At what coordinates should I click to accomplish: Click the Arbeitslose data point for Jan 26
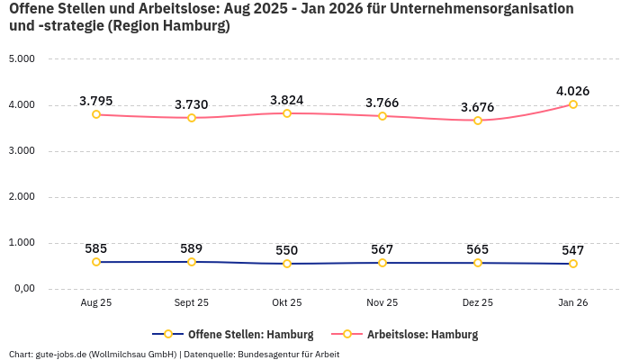point(573,104)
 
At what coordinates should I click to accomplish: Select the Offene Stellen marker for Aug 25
point(96,262)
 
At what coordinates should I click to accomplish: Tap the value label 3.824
point(287,99)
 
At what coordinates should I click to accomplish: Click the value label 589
point(192,248)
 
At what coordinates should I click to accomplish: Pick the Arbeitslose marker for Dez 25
point(478,121)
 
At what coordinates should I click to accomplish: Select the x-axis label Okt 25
point(287,303)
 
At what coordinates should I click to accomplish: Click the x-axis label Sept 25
point(192,303)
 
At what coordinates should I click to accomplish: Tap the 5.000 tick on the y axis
point(21,59)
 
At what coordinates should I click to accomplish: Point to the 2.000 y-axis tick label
point(21,197)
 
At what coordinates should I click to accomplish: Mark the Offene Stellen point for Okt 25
point(287,264)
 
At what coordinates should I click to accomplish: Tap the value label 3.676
point(477,107)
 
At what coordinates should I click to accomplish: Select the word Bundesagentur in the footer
point(269,354)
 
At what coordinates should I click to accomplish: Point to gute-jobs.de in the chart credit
point(60,354)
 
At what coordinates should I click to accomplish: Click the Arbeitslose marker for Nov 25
point(382,116)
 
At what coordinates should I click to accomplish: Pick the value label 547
point(572,250)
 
